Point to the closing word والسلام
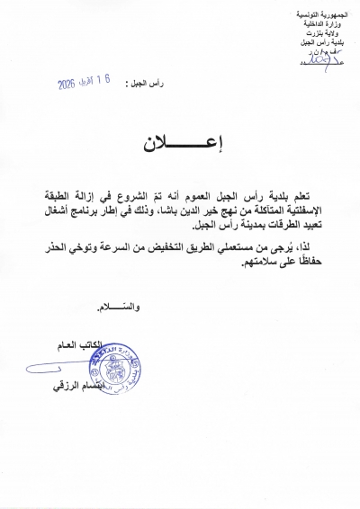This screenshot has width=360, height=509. (119, 306)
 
